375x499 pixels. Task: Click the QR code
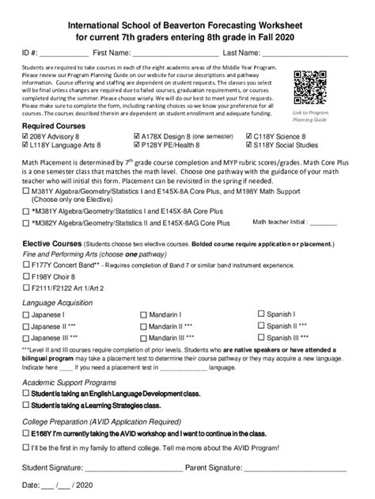[309, 86]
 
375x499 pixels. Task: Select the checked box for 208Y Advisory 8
[26, 135]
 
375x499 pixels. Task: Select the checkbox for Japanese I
[26, 314]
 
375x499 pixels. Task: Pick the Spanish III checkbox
[261, 337]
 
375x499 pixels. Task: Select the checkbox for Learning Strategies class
[26, 405]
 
